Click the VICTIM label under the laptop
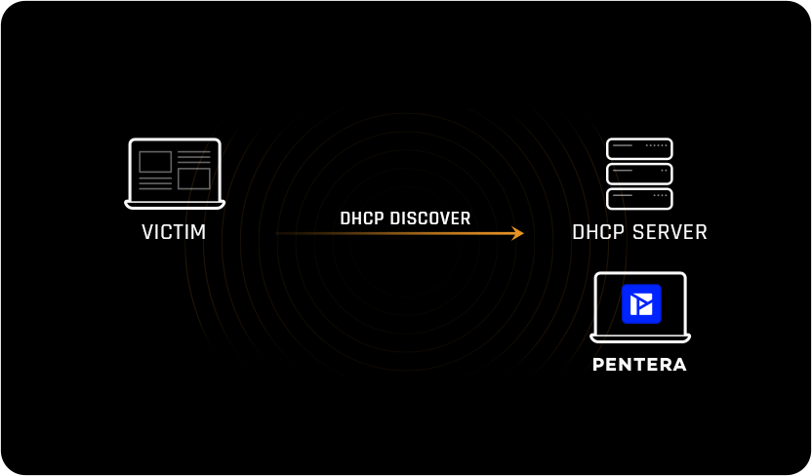point(174,232)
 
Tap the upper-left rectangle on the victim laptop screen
point(155,162)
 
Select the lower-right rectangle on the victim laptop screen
point(194,178)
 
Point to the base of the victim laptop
point(175,205)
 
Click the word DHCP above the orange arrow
point(362,218)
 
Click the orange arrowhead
point(517,233)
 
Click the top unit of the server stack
point(639,148)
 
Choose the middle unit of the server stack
point(639,174)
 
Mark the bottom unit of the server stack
point(639,198)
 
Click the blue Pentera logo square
point(641,303)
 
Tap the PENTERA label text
point(639,365)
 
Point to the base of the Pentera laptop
point(640,338)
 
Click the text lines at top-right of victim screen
point(194,157)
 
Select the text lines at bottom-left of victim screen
point(155,182)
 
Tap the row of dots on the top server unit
point(657,145)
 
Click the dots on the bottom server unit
point(660,195)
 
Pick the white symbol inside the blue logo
point(641,303)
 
